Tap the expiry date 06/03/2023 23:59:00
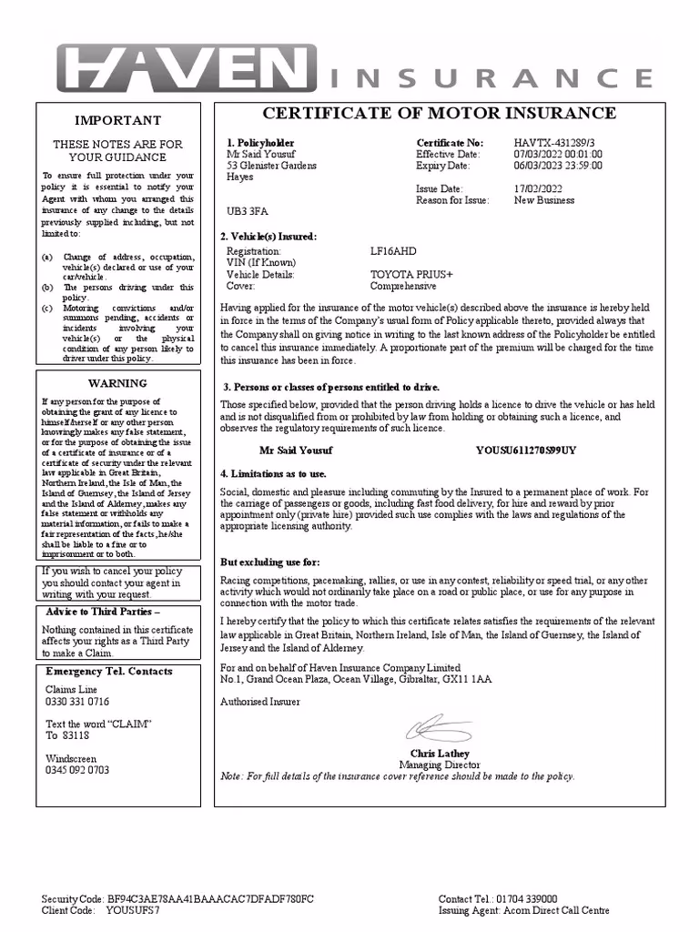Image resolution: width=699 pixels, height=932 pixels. pyautogui.click(x=557, y=166)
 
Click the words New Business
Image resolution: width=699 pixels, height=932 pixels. pyautogui.click(x=544, y=200)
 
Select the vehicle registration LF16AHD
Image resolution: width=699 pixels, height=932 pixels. pyautogui.click(x=393, y=251)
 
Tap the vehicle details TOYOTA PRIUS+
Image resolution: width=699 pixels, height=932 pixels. pyautogui.click(x=411, y=274)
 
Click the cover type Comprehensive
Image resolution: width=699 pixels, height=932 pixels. pyautogui.click(x=403, y=286)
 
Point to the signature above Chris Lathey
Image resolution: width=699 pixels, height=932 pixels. pyautogui.click(x=438, y=728)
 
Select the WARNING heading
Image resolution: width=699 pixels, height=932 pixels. pyautogui.click(x=117, y=383)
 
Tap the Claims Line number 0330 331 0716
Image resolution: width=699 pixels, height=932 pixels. pyautogui.click(x=77, y=702)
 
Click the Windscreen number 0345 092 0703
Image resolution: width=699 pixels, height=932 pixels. pyautogui.click(x=77, y=770)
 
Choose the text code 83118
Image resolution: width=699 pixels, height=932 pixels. pyautogui.click(x=76, y=735)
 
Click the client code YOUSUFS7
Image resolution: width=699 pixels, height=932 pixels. pyautogui.click(x=133, y=910)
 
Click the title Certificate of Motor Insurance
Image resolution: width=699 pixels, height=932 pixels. pyautogui.click(x=439, y=114)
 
